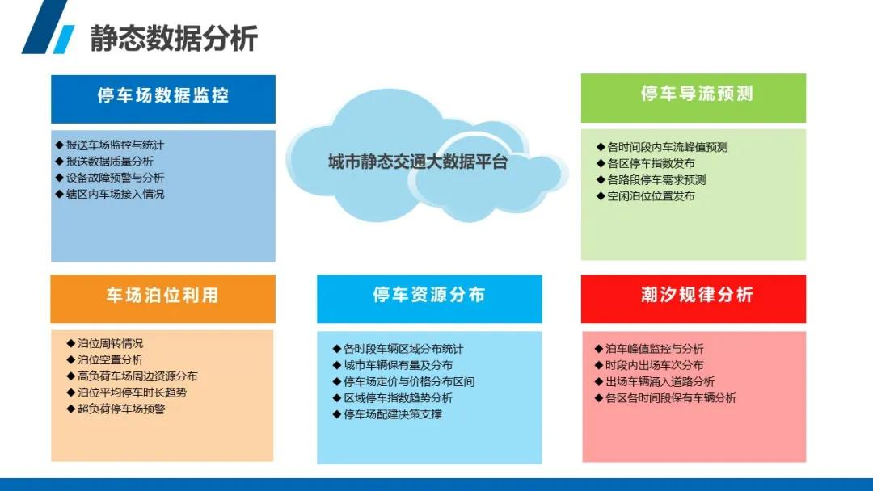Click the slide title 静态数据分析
tap(174, 38)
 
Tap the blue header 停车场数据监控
tap(163, 95)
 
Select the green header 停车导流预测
tap(697, 94)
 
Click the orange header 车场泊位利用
tap(162, 295)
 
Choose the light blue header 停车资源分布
tap(428, 295)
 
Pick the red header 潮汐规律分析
tap(697, 295)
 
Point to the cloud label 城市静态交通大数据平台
tap(418, 162)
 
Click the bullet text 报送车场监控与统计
tap(116, 145)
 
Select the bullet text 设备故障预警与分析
tap(116, 178)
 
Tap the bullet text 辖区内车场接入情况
tap(116, 194)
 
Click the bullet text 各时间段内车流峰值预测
tap(668, 147)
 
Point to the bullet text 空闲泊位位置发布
tap(651, 196)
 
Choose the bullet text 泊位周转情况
tap(110, 344)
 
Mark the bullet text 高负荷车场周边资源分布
tap(137, 376)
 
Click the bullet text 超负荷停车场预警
tap(121, 409)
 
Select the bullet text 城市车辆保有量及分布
tap(398, 365)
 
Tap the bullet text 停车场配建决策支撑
tap(393, 414)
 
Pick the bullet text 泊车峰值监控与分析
tap(655, 349)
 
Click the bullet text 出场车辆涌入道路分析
tap(660, 381)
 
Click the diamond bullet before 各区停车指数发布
tap(601, 163)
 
